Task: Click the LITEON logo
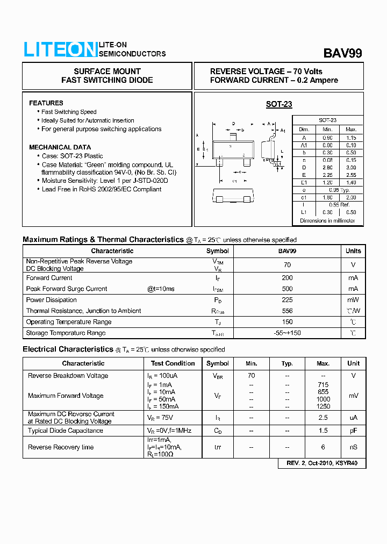point(60,49)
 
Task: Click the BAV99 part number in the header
point(342,53)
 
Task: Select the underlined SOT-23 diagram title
point(279,104)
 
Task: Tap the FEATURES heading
point(46,103)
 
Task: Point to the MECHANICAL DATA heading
point(60,147)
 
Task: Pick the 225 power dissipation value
point(287,300)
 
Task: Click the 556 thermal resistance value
point(287,311)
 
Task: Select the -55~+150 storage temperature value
point(287,333)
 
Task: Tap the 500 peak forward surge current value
point(287,289)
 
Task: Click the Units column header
point(353,251)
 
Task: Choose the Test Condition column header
point(173,363)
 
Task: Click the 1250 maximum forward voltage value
point(323,406)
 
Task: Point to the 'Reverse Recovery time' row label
point(61,447)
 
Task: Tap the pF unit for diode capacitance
point(353,431)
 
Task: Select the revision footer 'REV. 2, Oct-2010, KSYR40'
point(322,463)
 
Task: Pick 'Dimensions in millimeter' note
point(327,221)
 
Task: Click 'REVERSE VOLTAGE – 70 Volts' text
point(266,71)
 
